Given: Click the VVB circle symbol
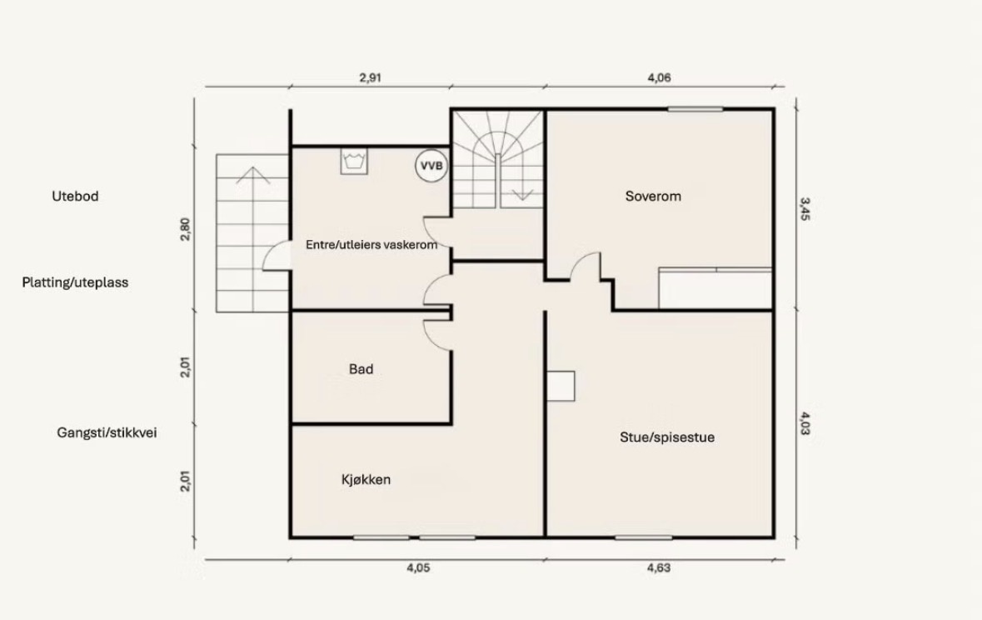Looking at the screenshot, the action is tap(431, 166).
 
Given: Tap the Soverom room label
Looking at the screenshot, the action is tap(652, 196).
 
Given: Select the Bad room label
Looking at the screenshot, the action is tap(361, 369).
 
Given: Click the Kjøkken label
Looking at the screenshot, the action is tap(366, 479).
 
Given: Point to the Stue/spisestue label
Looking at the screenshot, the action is tap(667, 437).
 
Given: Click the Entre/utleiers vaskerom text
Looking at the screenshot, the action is tap(371, 244).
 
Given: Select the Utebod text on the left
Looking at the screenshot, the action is tap(75, 196).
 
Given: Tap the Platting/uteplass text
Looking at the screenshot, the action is tap(75, 282).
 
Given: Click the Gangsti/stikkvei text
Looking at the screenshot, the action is tap(107, 432).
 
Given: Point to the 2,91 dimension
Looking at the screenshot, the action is tap(370, 77).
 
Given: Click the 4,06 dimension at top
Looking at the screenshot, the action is tap(659, 77).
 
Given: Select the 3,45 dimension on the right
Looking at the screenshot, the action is tap(805, 209).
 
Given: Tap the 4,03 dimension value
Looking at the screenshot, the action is tap(805, 423).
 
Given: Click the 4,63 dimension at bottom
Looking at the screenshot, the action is tap(659, 568).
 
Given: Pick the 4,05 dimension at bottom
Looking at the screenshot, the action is tap(418, 568).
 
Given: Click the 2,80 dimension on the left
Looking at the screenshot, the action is tap(185, 229).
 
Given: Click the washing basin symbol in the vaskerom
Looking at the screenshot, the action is tap(354, 161).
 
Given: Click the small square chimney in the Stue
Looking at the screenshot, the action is tap(561, 386).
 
